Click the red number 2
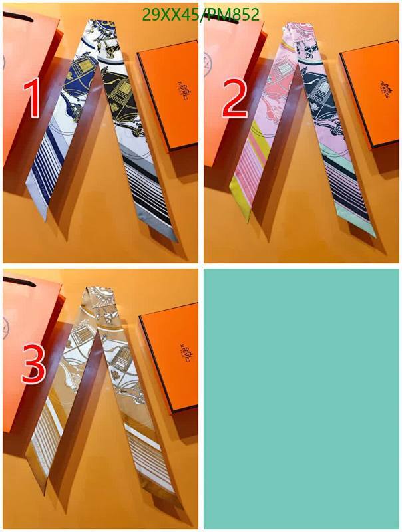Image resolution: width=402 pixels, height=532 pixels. tap(235, 98)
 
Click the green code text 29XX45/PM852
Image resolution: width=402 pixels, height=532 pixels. tap(200, 15)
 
